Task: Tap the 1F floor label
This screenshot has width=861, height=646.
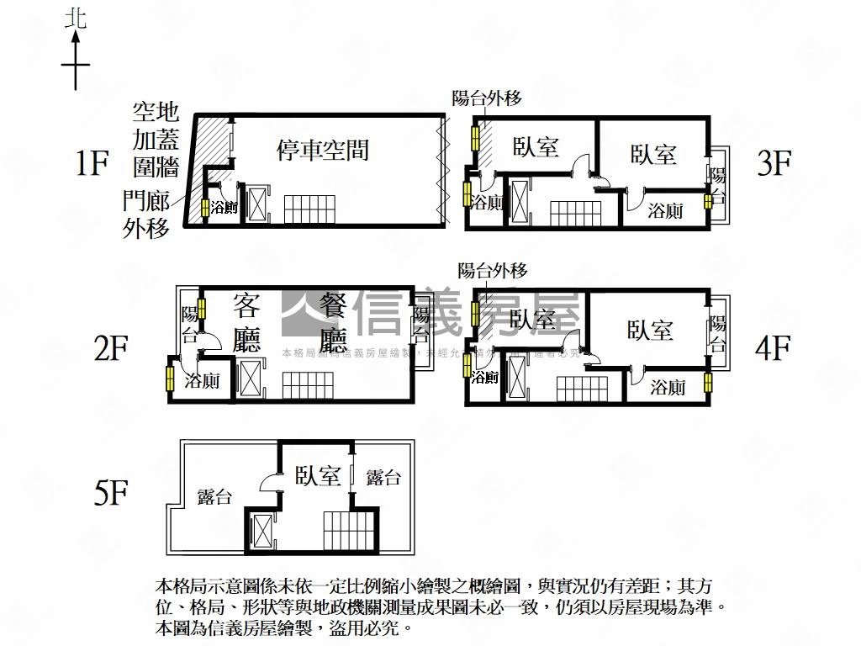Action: point(92,163)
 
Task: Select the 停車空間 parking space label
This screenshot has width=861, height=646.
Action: point(323,151)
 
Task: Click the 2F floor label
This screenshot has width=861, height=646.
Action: point(110,347)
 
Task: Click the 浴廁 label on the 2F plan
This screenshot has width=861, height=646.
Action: point(202,381)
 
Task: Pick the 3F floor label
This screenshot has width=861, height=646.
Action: point(774,163)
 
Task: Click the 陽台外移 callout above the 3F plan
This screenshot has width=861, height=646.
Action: point(487,98)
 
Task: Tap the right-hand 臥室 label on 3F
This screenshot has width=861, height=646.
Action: point(653,154)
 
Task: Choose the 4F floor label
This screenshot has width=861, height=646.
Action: point(774,347)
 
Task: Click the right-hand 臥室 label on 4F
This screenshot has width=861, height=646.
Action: point(650,329)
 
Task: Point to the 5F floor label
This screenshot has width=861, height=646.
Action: point(110,494)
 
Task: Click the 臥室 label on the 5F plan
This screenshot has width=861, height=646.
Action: point(318,477)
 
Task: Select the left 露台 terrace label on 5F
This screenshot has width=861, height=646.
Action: point(214,496)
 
